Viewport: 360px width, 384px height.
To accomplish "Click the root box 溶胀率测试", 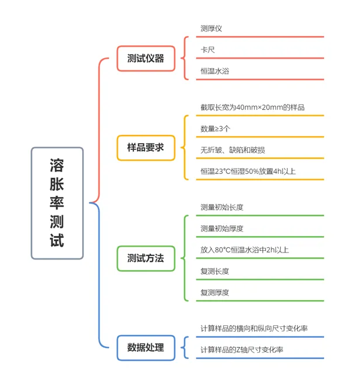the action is point(57,203).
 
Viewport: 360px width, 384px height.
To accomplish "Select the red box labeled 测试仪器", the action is point(146,59).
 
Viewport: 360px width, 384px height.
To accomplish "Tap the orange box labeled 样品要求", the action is point(146,148).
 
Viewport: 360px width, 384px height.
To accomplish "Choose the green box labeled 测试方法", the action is point(146,258).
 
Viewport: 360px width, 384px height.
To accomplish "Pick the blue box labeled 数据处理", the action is point(146,347).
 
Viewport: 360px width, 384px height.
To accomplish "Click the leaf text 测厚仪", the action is point(211,29).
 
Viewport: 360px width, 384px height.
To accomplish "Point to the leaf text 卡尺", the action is point(208,50).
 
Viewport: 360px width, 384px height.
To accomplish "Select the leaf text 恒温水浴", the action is point(215,71).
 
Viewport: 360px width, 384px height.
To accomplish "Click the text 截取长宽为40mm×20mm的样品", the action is point(253,107).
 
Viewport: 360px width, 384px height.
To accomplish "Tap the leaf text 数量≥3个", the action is point(216,129).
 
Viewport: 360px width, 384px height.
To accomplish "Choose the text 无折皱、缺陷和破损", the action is point(232,150).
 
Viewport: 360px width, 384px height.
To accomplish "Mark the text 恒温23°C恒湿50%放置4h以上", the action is point(248,171).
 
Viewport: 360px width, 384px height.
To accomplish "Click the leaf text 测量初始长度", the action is point(222,208).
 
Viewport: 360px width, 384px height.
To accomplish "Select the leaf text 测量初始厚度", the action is point(222,229).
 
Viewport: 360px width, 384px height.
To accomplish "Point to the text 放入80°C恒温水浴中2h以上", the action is point(245,250).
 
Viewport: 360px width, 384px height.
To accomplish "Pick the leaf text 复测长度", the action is point(215,271).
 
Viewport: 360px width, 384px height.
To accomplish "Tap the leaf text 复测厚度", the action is point(215,293).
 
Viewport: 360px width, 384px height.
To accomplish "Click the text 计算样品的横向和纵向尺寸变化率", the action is point(254,328).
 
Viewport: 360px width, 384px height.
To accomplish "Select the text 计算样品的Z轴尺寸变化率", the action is point(242,350).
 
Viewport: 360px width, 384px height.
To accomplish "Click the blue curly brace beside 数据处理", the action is point(182,347).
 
